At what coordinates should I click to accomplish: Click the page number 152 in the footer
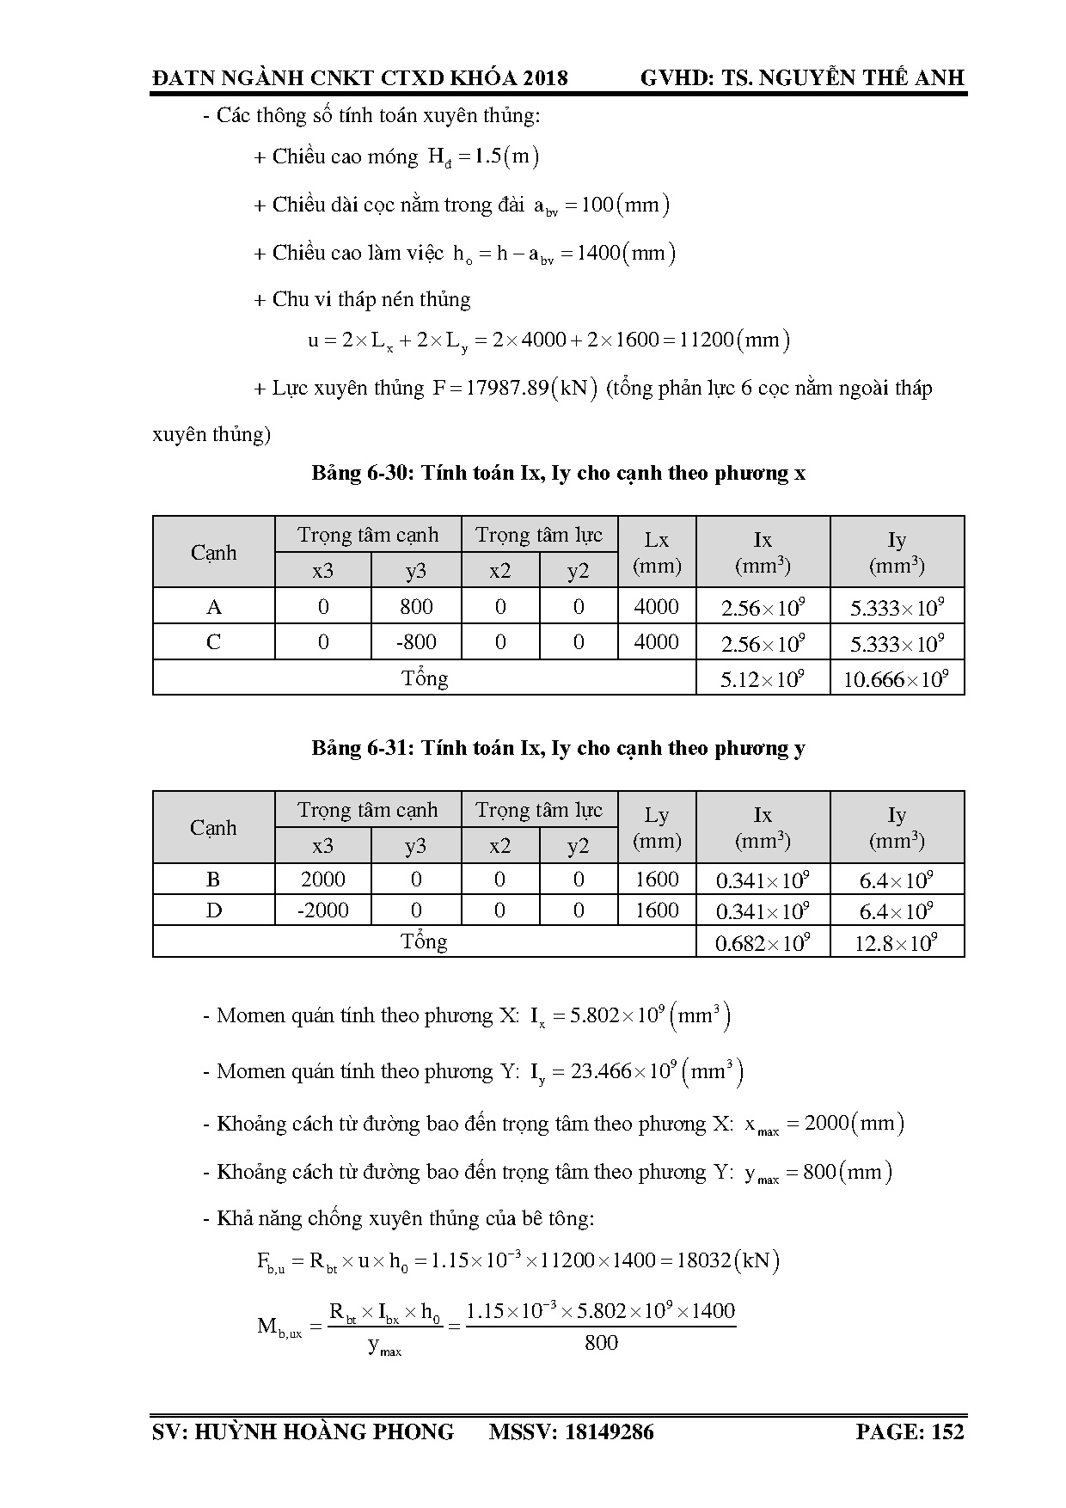pyautogui.click(x=947, y=1431)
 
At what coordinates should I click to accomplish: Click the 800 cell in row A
pyautogui.click(x=416, y=607)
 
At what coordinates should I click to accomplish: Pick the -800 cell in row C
pyautogui.click(x=416, y=642)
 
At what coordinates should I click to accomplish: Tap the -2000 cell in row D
pyautogui.click(x=322, y=910)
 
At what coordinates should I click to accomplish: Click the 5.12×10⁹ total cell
pyautogui.click(x=763, y=679)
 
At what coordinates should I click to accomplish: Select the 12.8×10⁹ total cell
pyautogui.click(x=896, y=943)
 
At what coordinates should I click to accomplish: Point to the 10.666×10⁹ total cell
pyautogui.click(x=896, y=679)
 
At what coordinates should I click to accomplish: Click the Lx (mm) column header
pyautogui.click(x=657, y=553)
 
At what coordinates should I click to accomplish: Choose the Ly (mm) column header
pyautogui.click(x=657, y=828)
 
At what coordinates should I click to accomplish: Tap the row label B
pyautogui.click(x=213, y=880)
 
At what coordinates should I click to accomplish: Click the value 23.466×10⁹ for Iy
pyautogui.click(x=611, y=1072)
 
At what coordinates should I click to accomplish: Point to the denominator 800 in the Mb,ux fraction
pyautogui.click(x=601, y=1343)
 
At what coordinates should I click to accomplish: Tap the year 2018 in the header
pyautogui.click(x=545, y=78)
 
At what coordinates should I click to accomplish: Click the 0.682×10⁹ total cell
pyautogui.click(x=763, y=943)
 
